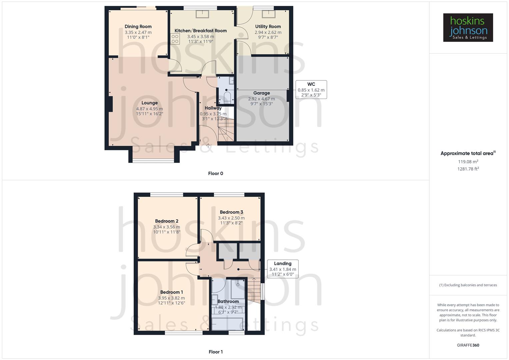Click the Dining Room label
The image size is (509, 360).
(x=138, y=27)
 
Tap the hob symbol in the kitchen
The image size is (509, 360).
(x=175, y=39)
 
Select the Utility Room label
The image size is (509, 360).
(x=268, y=27)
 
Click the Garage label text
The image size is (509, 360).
(x=261, y=93)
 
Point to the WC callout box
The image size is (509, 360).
(x=311, y=89)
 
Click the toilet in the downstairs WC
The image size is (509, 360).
(x=227, y=97)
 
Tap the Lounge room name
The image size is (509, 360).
(x=149, y=103)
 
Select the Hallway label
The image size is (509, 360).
(x=213, y=108)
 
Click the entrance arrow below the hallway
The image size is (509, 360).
(x=208, y=145)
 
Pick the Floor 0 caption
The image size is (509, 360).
(x=216, y=173)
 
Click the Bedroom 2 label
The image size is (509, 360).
(x=167, y=221)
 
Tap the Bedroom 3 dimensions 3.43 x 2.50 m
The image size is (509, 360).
(x=231, y=218)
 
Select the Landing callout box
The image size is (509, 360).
(x=283, y=269)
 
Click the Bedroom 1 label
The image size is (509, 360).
(x=171, y=292)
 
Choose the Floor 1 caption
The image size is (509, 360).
(x=216, y=352)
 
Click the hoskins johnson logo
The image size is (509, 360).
(x=468, y=28)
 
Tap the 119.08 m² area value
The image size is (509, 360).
(x=468, y=162)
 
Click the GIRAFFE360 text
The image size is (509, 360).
(x=468, y=345)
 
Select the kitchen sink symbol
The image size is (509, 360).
(x=202, y=14)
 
